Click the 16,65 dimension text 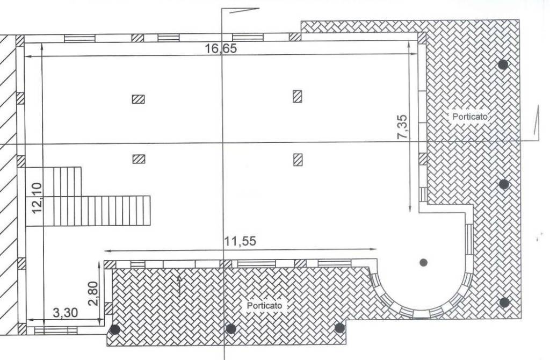(221, 48)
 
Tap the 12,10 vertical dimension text (37, 198)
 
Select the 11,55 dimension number (240, 241)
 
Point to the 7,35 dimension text (402, 127)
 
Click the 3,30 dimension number (65, 312)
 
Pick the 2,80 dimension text (93, 294)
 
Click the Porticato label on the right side (469, 117)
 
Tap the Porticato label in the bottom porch (264, 306)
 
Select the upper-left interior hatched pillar (138, 99)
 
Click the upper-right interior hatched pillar (298, 96)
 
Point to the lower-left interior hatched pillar (139, 159)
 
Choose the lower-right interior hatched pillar (298, 160)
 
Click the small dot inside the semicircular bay (423, 262)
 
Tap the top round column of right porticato (503, 64)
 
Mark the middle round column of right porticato (504, 184)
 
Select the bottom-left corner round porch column (114, 329)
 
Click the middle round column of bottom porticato (230, 329)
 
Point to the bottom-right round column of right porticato (504, 303)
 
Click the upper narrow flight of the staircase (67, 182)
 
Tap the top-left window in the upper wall (79, 38)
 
